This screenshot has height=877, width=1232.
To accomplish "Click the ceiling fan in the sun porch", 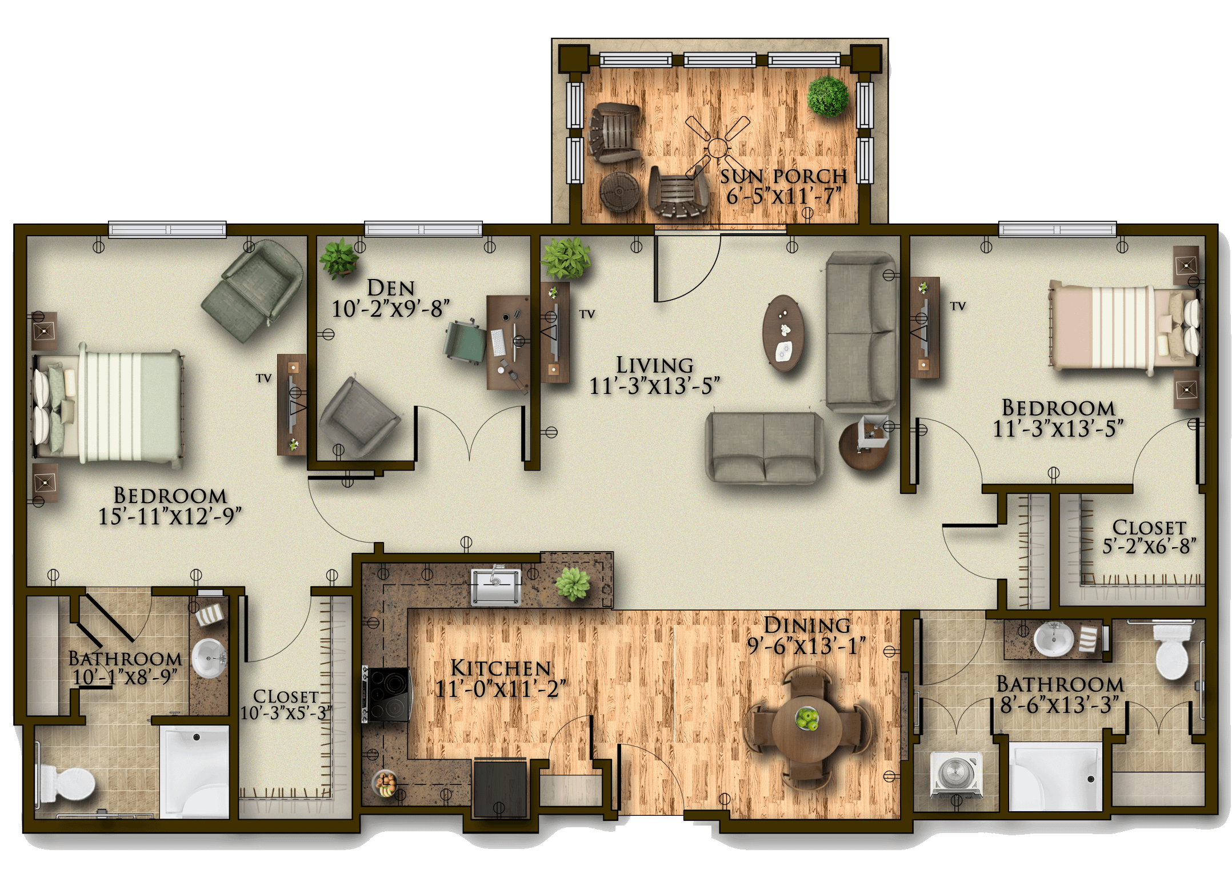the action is pyautogui.click(x=717, y=148).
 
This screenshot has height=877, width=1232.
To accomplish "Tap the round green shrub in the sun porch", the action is pyautogui.click(x=827, y=97).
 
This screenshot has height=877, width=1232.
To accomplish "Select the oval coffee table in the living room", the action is pyautogui.click(x=783, y=333).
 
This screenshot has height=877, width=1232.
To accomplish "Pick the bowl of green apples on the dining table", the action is pyautogui.click(x=807, y=718).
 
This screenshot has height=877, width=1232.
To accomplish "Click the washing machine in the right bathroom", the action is pyautogui.click(x=955, y=774).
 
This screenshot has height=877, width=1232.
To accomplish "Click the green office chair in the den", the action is pyautogui.click(x=465, y=342).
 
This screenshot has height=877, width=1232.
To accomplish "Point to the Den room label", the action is pyautogui.click(x=391, y=288).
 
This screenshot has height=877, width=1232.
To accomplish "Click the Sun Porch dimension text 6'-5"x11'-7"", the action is pyautogui.click(x=784, y=196).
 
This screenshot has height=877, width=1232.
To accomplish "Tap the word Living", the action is pyautogui.click(x=655, y=365).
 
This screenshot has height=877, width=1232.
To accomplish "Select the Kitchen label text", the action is pyautogui.click(x=501, y=668).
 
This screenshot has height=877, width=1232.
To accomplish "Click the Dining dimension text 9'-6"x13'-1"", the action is pyautogui.click(x=806, y=646).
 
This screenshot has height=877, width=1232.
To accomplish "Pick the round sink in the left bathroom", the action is pyautogui.click(x=208, y=657).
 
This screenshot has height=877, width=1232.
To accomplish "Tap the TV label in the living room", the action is pyautogui.click(x=587, y=314).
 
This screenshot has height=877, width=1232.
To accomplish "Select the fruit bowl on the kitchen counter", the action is pyautogui.click(x=385, y=783).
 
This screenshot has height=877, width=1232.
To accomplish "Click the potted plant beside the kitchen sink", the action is pyautogui.click(x=573, y=584).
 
